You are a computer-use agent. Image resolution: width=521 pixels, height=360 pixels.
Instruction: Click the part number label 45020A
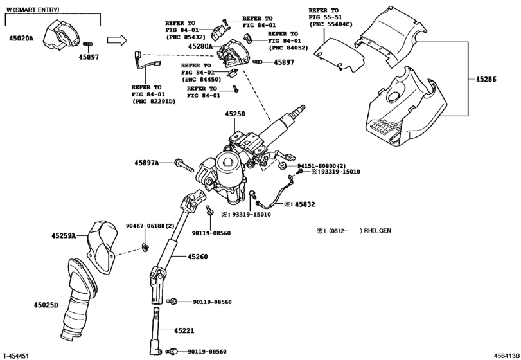coord(22,38)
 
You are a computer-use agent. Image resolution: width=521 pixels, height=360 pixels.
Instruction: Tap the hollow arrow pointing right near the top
coord(115,40)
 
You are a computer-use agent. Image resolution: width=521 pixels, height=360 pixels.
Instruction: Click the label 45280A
coord(202,47)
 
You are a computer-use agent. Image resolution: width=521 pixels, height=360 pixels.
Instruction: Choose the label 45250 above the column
coord(234,113)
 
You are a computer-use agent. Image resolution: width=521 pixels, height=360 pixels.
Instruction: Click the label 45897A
coord(148,163)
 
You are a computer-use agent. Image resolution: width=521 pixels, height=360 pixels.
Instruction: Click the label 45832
coord(305,204)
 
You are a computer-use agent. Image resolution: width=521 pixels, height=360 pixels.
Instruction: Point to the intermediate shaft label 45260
coord(198,256)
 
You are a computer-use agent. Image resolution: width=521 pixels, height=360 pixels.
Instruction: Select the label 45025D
coord(46,305)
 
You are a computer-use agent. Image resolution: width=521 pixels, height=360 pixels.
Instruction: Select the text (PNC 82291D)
coord(154,102)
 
